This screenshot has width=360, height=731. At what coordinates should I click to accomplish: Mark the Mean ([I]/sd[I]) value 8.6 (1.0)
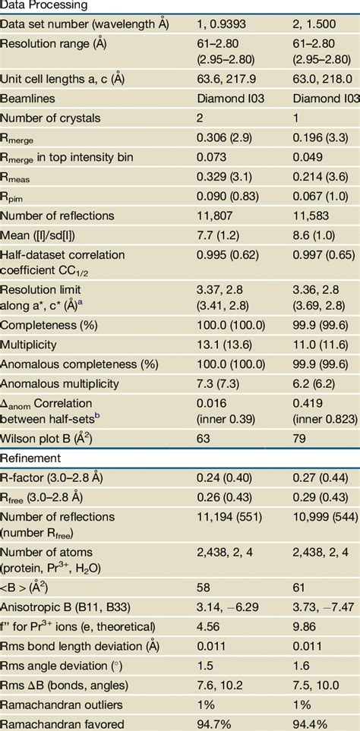(x=319, y=235)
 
